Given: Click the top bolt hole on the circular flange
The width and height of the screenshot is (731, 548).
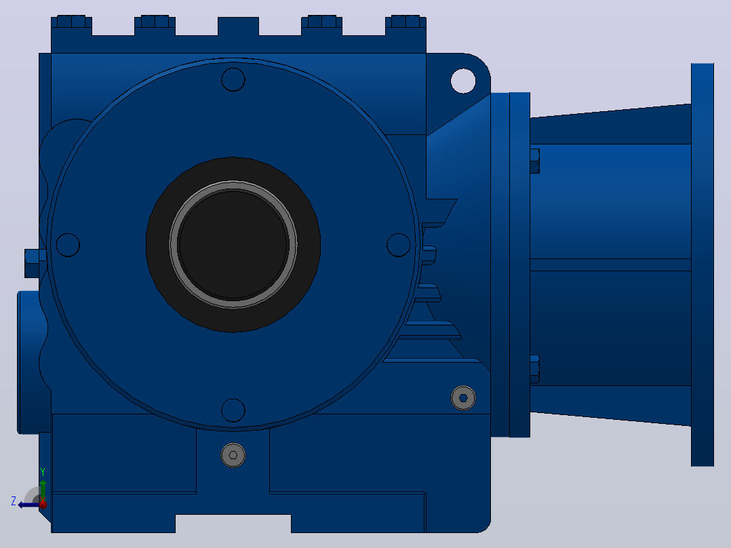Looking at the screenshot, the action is pos(233,79).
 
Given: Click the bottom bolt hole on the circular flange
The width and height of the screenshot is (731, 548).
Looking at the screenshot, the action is pos(233,410).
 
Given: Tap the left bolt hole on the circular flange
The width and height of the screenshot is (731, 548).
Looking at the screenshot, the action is pos(68,245).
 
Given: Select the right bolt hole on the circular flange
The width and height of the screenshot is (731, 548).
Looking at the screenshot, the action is pos(399,245).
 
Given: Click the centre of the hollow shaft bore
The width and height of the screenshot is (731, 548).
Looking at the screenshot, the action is pos(233,245).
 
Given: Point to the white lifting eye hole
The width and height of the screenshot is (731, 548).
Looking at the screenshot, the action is pos(463,81).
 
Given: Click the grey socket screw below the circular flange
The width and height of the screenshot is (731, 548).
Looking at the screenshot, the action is pos(233,455).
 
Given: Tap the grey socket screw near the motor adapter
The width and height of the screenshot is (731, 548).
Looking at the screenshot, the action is pos(463,398).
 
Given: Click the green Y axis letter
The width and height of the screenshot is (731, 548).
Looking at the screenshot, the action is pos(43,472).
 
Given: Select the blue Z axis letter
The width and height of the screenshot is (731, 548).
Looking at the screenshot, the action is pos(14,501).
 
